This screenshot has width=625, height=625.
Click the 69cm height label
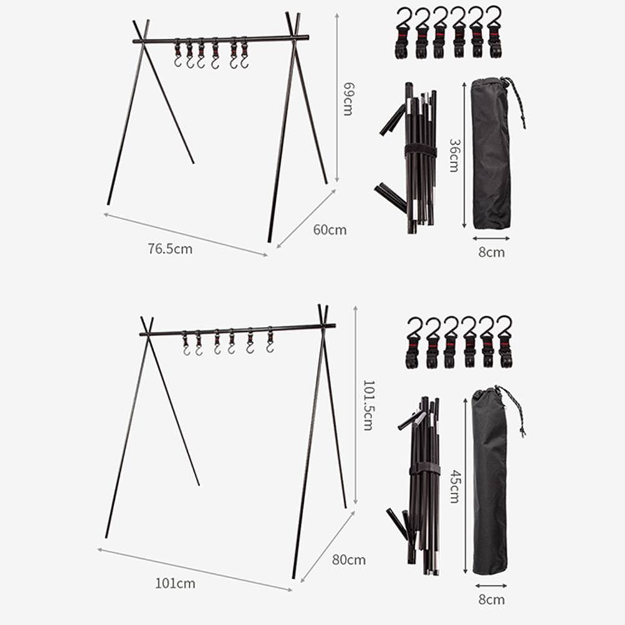click(x=348, y=99)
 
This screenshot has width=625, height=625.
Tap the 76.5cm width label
click(x=170, y=249)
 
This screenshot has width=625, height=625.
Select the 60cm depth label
click(x=329, y=230)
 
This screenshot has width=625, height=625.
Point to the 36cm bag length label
click(x=454, y=155)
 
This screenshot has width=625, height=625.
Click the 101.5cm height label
click(x=369, y=405)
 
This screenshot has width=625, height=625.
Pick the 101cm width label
click(x=175, y=584)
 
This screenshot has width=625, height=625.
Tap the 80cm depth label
click(x=349, y=560)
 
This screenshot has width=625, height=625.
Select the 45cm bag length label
click(x=455, y=487)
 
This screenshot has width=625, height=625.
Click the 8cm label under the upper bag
click(x=492, y=253)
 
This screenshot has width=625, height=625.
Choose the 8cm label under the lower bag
click(x=492, y=600)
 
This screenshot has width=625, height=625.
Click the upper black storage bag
click(x=491, y=153)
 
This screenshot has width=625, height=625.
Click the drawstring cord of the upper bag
click(x=517, y=102)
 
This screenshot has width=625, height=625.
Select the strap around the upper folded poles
click(x=420, y=152)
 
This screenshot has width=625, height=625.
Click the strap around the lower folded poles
click(x=425, y=469)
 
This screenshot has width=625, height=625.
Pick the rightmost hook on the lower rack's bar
click(x=270, y=340)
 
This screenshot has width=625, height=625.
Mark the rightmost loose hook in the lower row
click(x=505, y=342)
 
